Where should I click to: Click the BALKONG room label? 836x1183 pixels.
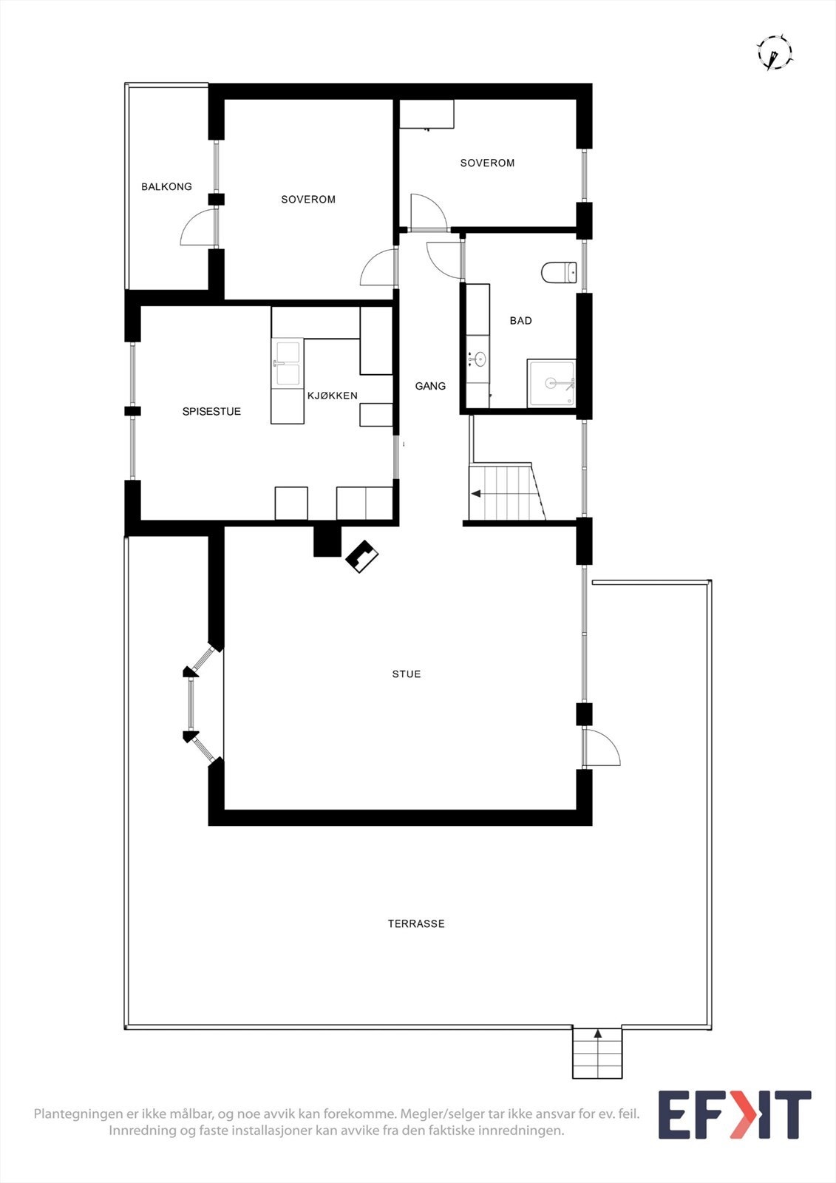(x=166, y=187)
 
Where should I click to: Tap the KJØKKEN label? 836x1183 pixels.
(x=333, y=396)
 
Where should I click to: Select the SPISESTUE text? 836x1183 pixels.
(x=211, y=412)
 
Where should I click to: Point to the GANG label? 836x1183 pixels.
(x=430, y=386)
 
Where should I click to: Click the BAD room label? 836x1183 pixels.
(x=520, y=321)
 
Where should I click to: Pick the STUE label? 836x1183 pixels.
(x=407, y=674)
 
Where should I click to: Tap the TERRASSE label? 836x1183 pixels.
(x=416, y=923)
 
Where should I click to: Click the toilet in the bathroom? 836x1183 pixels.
(x=559, y=273)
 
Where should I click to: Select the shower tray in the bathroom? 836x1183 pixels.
(x=551, y=383)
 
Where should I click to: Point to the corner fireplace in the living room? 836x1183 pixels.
(x=362, y=557)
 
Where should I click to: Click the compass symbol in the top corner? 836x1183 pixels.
(x=774, y=53)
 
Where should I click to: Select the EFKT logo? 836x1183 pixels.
(x=734, y=1114)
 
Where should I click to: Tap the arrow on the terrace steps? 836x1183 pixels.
(x=597, y=1034)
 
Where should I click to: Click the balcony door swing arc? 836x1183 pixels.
(x=196, y=229)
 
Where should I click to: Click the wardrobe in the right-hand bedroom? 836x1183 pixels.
(x=427, y=114)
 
